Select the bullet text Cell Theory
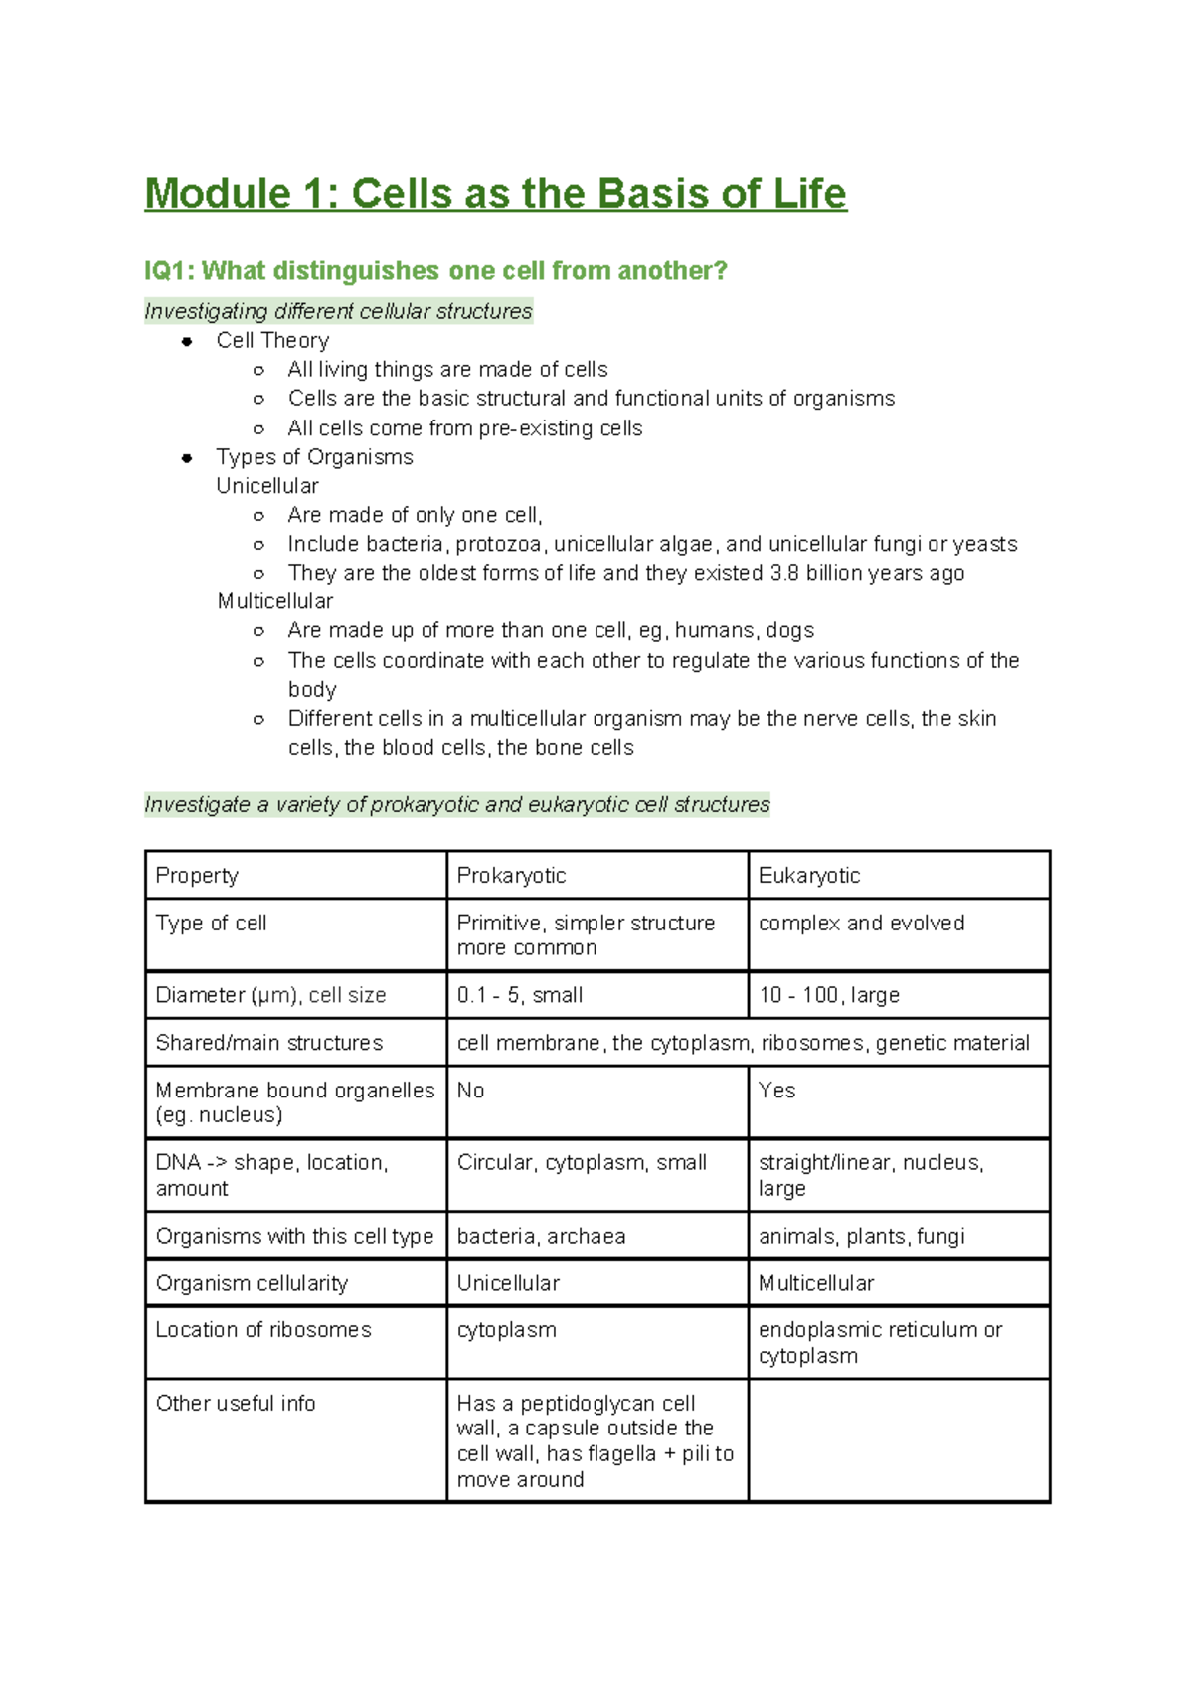point(272,341)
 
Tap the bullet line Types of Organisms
point(314,457)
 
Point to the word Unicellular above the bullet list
point(267,486)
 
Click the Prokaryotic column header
point(511,876)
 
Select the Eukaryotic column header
point(808,876)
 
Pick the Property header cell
point(197,876)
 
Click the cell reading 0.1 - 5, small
point(520,995)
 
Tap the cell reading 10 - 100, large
point(828,995)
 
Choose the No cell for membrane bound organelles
point(470,1091)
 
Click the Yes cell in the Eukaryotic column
point(776,1091)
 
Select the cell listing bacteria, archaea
point(541,1237)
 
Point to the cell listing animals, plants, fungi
point(861,1237)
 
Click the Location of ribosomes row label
point(263,1330)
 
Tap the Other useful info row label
point(236,1404)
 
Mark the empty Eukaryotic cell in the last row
point(898,1439)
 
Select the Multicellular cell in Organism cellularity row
point(815,1284)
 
